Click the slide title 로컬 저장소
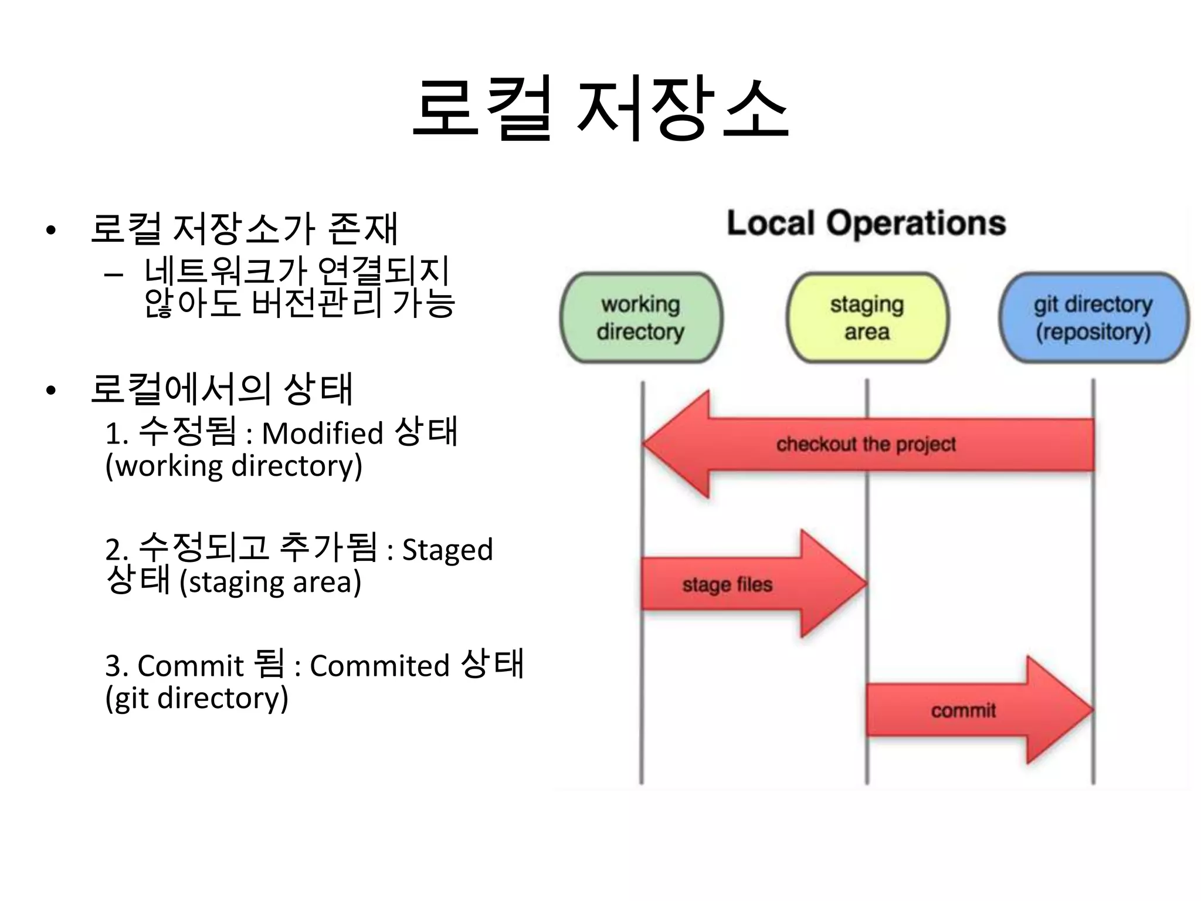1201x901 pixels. tap(600, 109)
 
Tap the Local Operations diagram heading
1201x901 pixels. tap(866, 223)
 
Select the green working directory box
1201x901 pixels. tap(641, 317)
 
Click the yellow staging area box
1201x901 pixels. tap(867, 317)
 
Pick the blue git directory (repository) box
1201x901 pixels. tap(1093, 317)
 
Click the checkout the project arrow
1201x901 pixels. tap(866, 445)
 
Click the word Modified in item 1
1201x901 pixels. tap(322, 433)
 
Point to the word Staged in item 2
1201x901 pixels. tap(447, 550)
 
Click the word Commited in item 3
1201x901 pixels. tap(379, 666)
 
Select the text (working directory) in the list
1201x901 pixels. tap(233, 466)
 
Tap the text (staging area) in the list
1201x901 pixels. tap(270, 582)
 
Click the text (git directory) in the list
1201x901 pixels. tap(196, 698)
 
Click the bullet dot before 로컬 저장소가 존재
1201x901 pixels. tap(51, 229)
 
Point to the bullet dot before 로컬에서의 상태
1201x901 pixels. tap(51, 390)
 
